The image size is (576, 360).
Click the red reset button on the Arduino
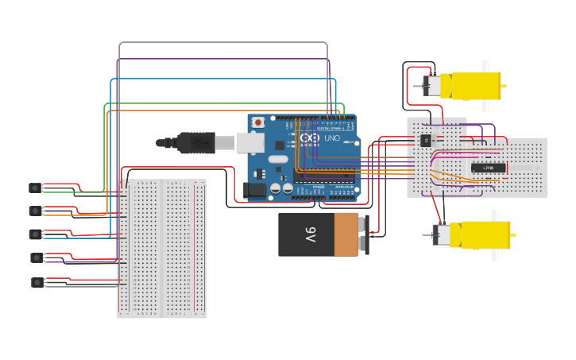pos(258,122)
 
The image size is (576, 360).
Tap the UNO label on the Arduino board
pos(331,138)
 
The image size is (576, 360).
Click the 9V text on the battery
pos(311,234)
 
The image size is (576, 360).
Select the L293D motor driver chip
pos(488,168)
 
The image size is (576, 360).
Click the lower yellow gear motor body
pos(480,234)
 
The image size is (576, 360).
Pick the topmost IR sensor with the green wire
pos(35,188)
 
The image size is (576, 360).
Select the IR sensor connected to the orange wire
pos(35,211)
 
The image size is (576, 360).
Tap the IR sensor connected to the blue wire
pos(35,234)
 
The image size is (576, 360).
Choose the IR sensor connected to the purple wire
pos(36,257)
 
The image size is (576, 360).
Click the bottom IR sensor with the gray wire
pos(37,282)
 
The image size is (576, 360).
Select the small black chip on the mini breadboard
pos(427,141)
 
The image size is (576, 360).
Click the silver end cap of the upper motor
pos(432,86)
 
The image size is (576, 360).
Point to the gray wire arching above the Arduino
pos(222,43)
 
